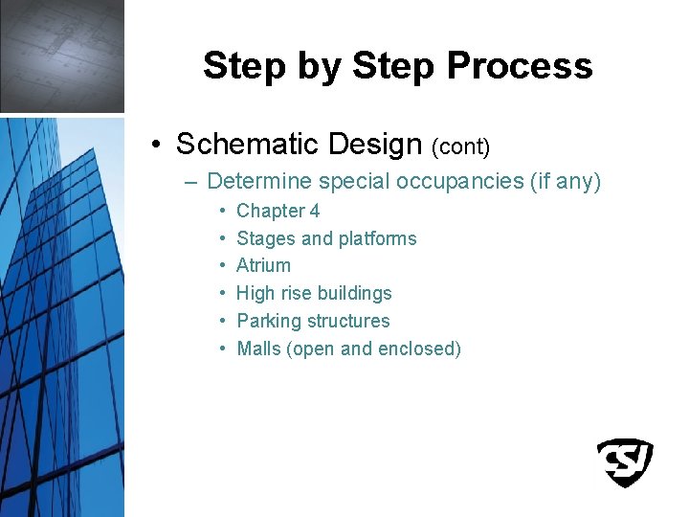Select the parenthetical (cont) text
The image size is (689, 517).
click(x=460, y=146)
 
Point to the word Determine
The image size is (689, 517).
click(x=259, y=181)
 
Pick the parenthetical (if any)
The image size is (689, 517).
click(x=565, y=181)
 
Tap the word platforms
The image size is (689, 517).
click(x=377, y=238)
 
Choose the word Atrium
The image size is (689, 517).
click(x=263, y=265)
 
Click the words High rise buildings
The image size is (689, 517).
click(x=314, y=293)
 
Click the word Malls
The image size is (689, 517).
click(x=258, y=348)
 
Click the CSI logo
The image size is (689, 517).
click(x=624, y=463)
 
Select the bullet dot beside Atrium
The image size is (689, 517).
click(x=221, y=266)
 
